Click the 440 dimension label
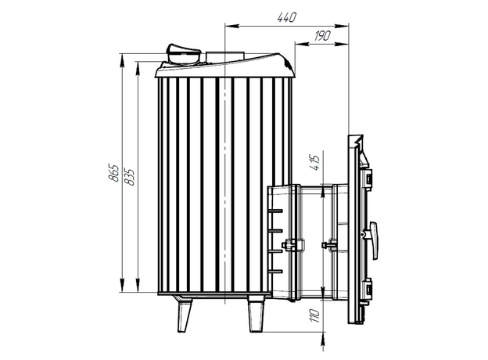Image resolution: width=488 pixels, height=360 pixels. point(287,17)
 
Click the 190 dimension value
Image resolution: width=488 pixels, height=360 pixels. point(321,36)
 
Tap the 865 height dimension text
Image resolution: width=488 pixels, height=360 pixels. point(113,172)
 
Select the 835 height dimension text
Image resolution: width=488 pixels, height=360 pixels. point(129,177)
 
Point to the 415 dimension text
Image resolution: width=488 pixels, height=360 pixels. point(315,163)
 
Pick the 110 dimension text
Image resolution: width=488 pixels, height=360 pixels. point(315,315)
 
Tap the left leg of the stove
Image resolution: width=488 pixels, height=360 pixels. point(185,315)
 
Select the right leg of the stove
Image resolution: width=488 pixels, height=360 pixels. point(256,314)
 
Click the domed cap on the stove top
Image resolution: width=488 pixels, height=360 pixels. point(183,54)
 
